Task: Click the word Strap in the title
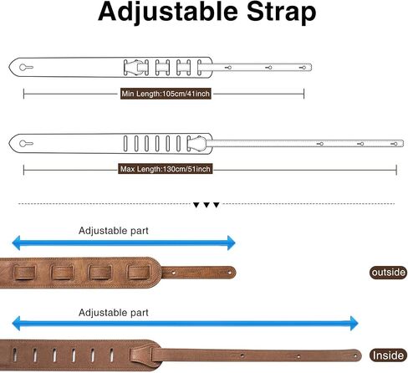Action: coord(282,13)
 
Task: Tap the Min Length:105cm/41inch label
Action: coord(166,94)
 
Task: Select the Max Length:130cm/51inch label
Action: coord(166,169)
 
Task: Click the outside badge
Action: coord(388,273)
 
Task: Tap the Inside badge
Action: coord(388,355)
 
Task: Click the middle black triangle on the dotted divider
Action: coord(207,205)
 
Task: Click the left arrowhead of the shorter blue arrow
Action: coord(17,243)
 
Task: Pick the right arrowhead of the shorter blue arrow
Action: coord(232,243)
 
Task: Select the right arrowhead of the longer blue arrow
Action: coord(354,324)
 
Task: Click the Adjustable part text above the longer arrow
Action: coord(114,313)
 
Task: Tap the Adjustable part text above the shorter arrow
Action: coord(114,231)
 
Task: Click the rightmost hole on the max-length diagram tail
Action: coord(394,144)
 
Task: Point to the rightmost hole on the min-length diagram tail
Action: coord(303,68)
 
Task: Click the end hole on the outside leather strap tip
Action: coord(230,273)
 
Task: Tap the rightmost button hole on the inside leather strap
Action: coord(355,356)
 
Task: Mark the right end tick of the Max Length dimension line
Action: coord(396,170)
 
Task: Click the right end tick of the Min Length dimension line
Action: coord(303,94)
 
